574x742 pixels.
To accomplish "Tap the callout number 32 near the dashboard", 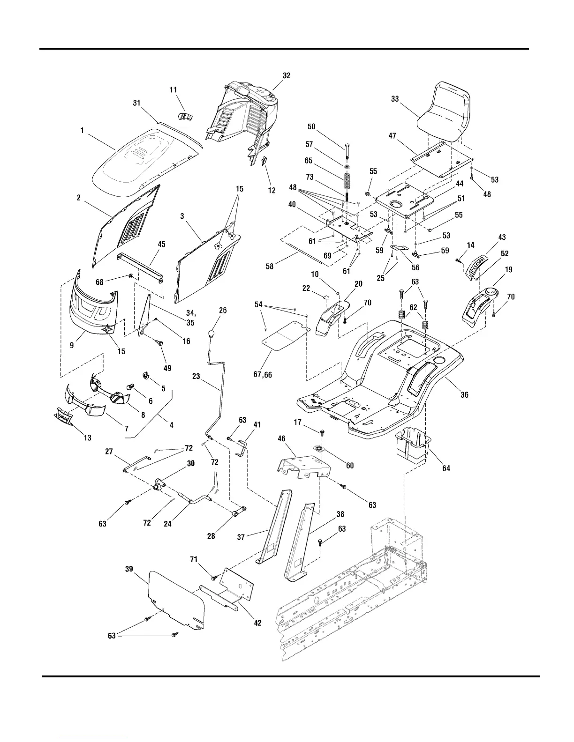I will (x=287, y=75).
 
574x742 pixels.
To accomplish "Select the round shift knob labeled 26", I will (x=214, y=334).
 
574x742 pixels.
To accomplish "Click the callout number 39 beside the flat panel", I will (x=128, y=569).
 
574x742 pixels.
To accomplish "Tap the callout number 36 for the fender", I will (x=464, y=395).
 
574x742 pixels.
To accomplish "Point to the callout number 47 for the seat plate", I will (x=393, y=136).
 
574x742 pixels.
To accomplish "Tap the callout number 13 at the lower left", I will (x=88, y=438).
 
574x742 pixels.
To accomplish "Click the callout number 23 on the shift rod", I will (x=196, y=376).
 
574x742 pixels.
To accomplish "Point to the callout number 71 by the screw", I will (x=194, y=559).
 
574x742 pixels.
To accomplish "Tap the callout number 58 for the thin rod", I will (x=270, y=267).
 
